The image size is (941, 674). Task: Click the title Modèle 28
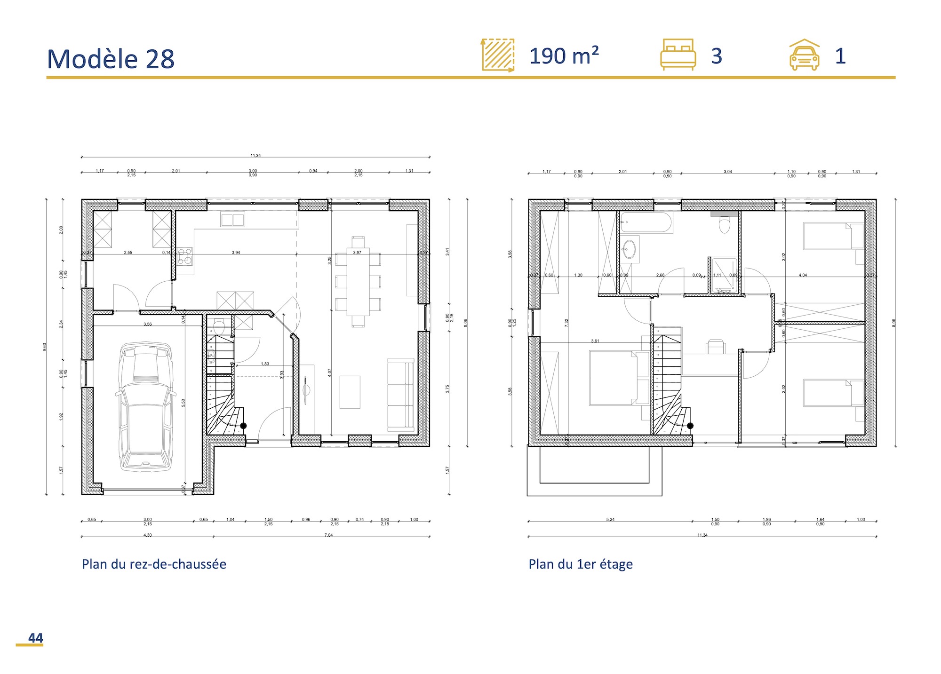tap(111, 59)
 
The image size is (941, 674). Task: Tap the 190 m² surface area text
tap(564, 56)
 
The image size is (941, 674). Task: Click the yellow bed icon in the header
tap(678, 55)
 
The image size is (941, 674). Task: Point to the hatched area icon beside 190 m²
tap(498, 55)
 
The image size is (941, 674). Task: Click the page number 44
tap(35, 638)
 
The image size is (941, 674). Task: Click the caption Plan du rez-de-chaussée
tap(154, 564)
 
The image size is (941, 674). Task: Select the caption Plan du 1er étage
tap(580, 564)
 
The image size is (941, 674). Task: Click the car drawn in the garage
tap(145, 407)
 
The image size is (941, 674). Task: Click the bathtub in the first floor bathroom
tap(646, 222)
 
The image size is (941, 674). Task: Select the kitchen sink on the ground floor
tap(232, 220)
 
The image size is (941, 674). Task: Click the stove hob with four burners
tap(185, 256)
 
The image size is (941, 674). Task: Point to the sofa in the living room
tap(400, 395)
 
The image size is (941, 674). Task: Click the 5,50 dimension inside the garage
tap(183, 403)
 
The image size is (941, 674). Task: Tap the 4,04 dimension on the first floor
tap(803, 275)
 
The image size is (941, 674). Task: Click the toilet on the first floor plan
tap(724, 225)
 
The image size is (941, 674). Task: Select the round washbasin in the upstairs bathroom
tap(629, 249)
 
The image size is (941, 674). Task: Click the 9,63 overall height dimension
tap(45, 347)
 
